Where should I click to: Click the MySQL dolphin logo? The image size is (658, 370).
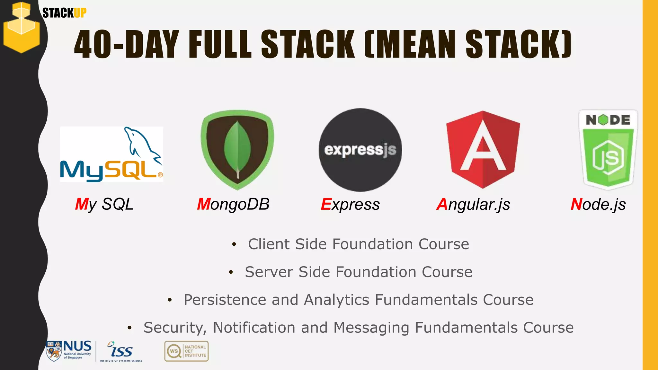tap(111, 154)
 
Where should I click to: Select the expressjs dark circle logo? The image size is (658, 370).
tap(360, 150)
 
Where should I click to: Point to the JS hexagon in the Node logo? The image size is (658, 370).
tap(608, 157)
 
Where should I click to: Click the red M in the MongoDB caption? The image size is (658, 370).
tap(204, 204)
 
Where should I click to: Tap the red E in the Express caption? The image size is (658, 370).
tap(326, 204)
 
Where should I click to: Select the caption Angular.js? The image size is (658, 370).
tap(473, 205)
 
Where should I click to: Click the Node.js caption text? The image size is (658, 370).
tap(598, 204)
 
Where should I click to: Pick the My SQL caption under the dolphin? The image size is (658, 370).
tap(104, 204)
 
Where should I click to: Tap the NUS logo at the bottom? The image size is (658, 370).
tap(69, 351)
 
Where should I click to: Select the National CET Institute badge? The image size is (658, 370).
tap(186, 351)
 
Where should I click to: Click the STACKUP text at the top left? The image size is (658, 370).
tap(64, 13)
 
